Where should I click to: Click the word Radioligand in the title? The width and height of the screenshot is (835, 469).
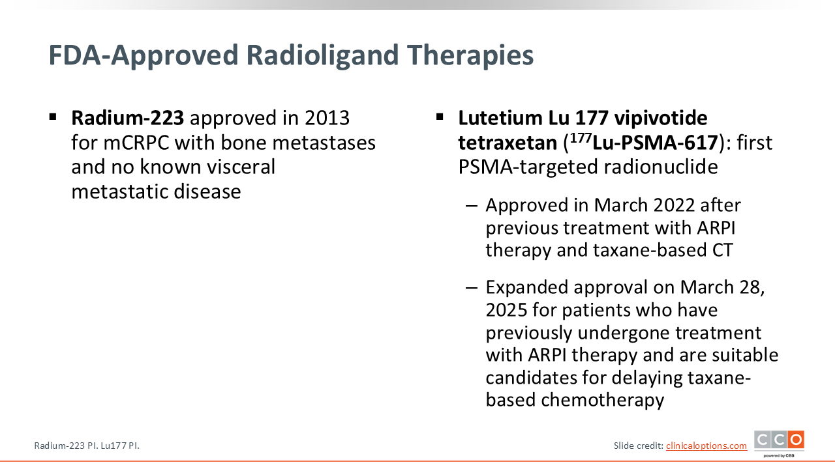click(x=322, y=55)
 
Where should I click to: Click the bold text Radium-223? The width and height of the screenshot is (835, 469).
click(x=127, y=118)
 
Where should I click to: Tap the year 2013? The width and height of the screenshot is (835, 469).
click(x=327, y=118)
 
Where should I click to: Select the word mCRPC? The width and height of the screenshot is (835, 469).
click(x=136, y=143)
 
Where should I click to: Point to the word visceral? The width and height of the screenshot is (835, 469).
click(x=241, y=167)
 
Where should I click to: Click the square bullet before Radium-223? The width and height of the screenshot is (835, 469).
click(x=53, y=117)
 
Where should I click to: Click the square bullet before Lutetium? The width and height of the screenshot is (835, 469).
click(x=440, y=117)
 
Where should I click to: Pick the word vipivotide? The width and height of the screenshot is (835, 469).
click(x=661, y=118)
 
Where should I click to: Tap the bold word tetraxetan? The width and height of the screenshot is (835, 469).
click(x=508, y=143)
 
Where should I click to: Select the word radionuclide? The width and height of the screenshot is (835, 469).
click(x=661, y=167)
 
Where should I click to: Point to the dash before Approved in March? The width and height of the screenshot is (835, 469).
click(x=472, y=205)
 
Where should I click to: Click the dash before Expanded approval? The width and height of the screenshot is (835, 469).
click(x=472, y=288)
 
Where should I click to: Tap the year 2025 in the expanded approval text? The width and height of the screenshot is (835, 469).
click(x=507, y=310)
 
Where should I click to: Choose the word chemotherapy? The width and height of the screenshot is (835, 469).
click(x=602, y=400)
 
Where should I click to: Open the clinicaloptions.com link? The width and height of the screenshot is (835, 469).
click(x=706, y=446)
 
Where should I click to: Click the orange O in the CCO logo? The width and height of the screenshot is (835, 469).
click(x=796, y=440)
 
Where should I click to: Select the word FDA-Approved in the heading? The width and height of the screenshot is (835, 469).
click(x=143, y=55)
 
